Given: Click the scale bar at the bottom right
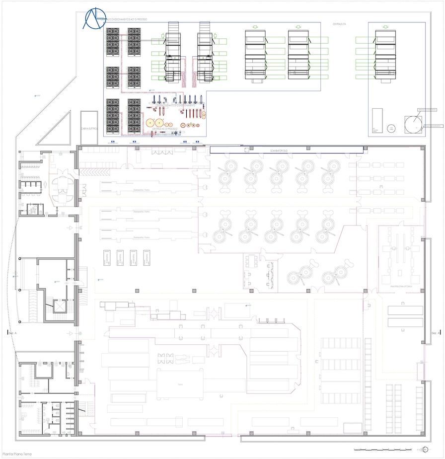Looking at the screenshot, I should coord(382,450).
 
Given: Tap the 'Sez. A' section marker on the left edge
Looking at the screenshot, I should coord(12,332).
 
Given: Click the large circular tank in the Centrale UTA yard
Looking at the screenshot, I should coord(412,124).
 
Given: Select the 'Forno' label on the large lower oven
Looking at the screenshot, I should coord(180,384).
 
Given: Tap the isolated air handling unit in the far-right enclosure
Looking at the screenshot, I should coord(387,55).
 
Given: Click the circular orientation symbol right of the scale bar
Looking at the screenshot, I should coord(425,450).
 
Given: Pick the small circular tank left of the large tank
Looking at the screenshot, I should coord(392,128).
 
